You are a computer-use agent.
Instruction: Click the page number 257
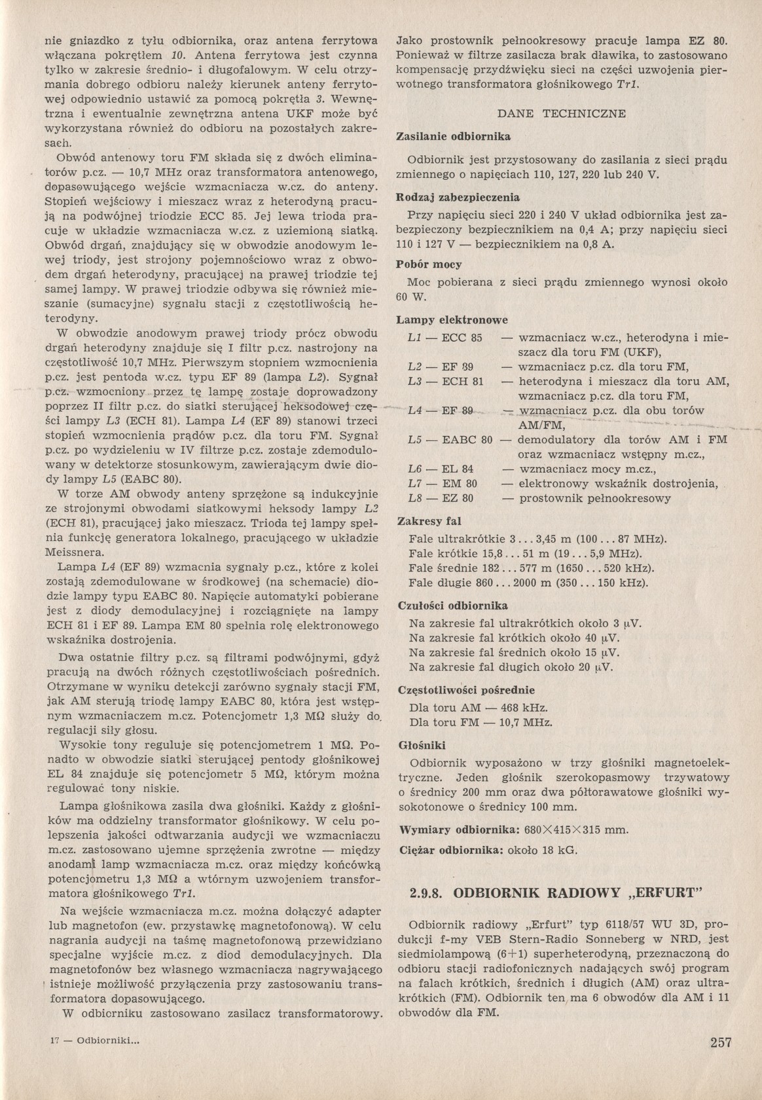click(720, 1043)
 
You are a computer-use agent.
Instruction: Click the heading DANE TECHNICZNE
click(562, 113)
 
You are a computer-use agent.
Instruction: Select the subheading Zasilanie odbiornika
click(454, 137)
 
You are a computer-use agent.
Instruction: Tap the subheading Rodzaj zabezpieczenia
click(458, 197)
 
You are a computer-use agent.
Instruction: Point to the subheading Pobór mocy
click(429, 265)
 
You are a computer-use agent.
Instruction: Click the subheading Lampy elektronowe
click(452, 320)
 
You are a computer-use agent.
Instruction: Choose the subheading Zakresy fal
click(429, 522)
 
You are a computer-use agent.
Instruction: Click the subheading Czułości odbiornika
click(453, 606)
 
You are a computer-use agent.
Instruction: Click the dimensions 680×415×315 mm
click(577, 830)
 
